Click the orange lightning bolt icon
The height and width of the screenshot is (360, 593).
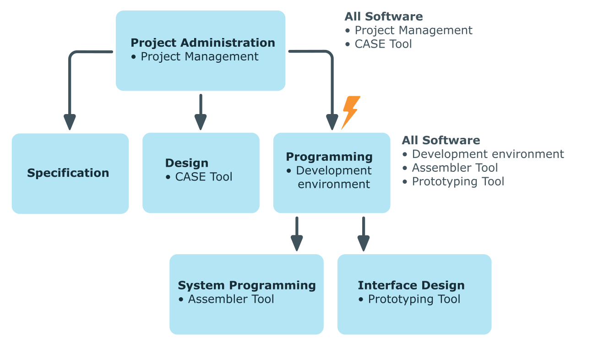coord(351,113)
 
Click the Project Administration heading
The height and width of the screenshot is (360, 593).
coord(203,43)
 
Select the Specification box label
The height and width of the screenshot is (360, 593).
coord(68,173)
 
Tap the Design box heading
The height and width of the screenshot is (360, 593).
coord(187,163)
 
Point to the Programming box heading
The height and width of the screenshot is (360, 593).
coord(329,157)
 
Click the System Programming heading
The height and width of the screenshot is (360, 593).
coord(247,285)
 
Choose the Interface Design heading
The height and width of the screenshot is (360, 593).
coord(411,285)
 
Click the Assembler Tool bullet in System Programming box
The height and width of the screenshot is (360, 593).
coord(231,299)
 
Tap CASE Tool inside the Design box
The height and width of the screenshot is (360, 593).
coord(204,177)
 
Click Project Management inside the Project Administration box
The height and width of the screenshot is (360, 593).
coord(199,57)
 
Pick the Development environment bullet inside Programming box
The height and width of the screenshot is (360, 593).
coord(333,177)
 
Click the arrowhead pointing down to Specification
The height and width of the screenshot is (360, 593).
coord(70,122)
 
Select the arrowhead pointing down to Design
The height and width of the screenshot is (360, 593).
coord(201,122)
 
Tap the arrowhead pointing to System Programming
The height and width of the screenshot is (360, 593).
coord(297,243)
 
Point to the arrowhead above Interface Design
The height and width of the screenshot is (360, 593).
coord(364,243)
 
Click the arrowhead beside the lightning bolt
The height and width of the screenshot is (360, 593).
coord(332,122)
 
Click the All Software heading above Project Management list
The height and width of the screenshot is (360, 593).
coord(384,16)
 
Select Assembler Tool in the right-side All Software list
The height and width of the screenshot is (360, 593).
coord(455,168)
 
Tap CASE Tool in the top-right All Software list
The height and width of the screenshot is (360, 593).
coord(383,44)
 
